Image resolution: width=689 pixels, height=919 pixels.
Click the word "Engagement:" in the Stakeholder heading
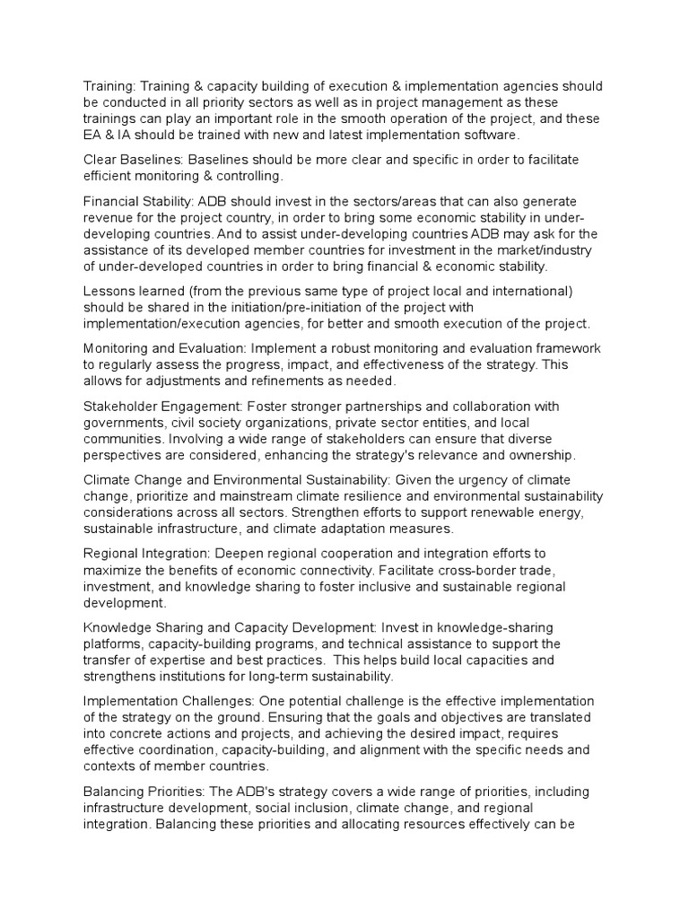(198, 406)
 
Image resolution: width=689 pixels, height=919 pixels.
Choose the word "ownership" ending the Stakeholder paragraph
(541, 454)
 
